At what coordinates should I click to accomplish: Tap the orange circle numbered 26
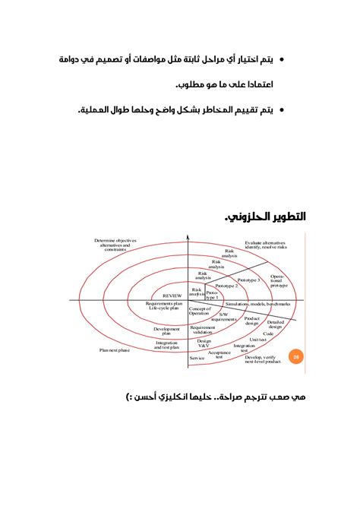297,354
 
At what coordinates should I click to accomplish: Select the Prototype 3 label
248,280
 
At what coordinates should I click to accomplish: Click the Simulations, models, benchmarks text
259,304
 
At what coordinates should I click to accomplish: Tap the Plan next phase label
115,350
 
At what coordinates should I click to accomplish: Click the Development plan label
167,330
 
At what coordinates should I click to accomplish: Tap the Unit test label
259,340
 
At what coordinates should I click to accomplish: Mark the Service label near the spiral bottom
197,357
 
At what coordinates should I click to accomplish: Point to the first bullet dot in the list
283,58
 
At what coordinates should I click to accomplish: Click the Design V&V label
204,344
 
